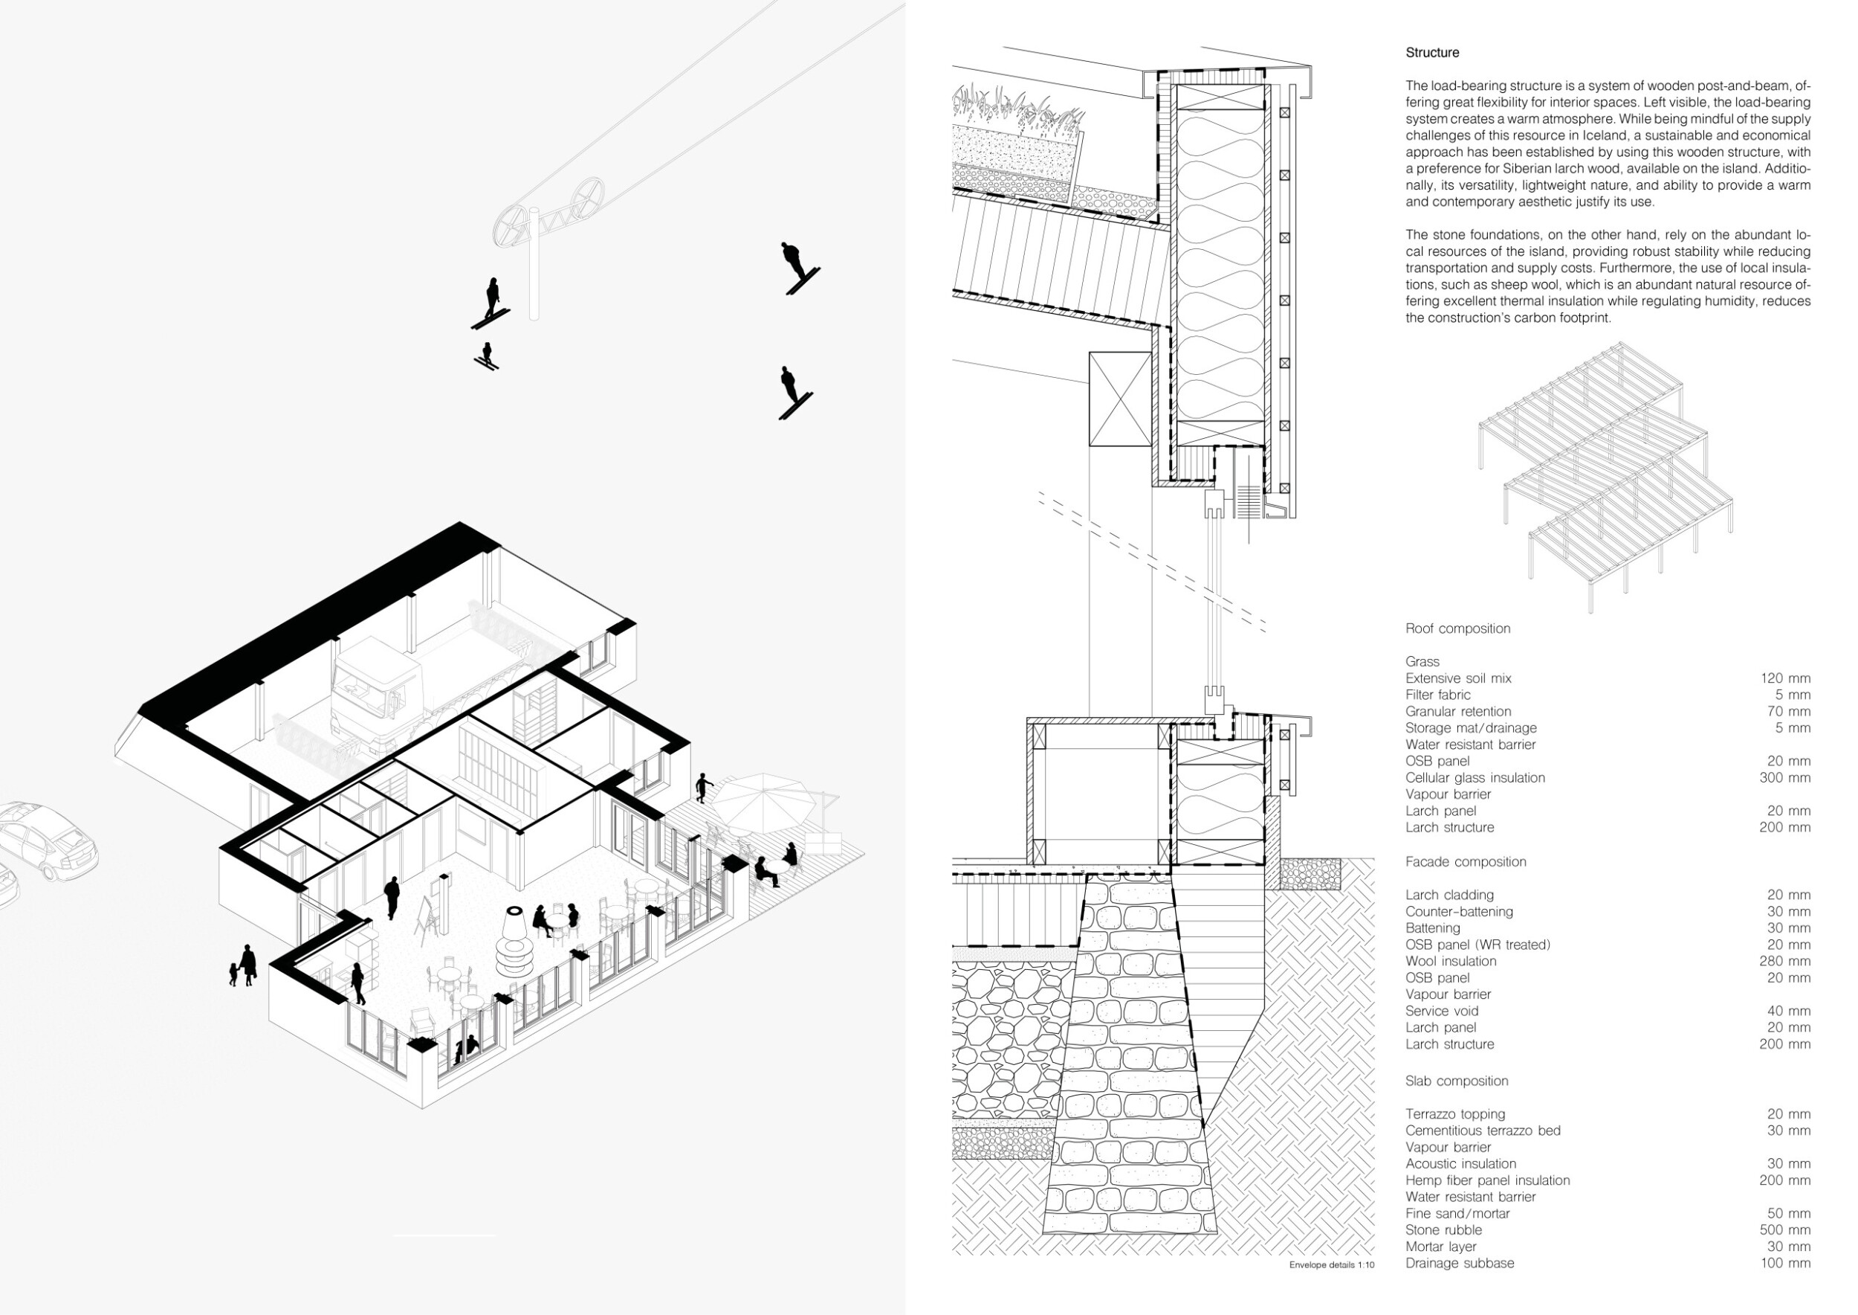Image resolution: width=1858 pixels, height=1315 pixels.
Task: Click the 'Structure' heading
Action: [1431, 53]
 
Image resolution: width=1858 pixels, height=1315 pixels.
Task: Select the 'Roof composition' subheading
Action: [1457, 628]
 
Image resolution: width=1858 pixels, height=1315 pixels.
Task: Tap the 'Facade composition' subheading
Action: [1466, 861]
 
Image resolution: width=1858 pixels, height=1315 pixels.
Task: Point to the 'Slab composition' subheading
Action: [1457, 1081]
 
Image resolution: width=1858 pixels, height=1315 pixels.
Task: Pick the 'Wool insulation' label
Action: [1451, 961]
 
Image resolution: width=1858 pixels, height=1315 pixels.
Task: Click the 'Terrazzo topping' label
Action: [1455, 1114]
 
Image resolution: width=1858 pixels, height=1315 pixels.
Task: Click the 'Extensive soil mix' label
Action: [1458, 678]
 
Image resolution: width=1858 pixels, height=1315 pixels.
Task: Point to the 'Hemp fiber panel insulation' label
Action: [1487, 1180]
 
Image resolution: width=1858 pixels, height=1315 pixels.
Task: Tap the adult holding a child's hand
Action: [247, 965]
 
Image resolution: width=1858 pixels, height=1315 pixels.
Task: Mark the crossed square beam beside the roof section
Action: [1120, 399]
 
